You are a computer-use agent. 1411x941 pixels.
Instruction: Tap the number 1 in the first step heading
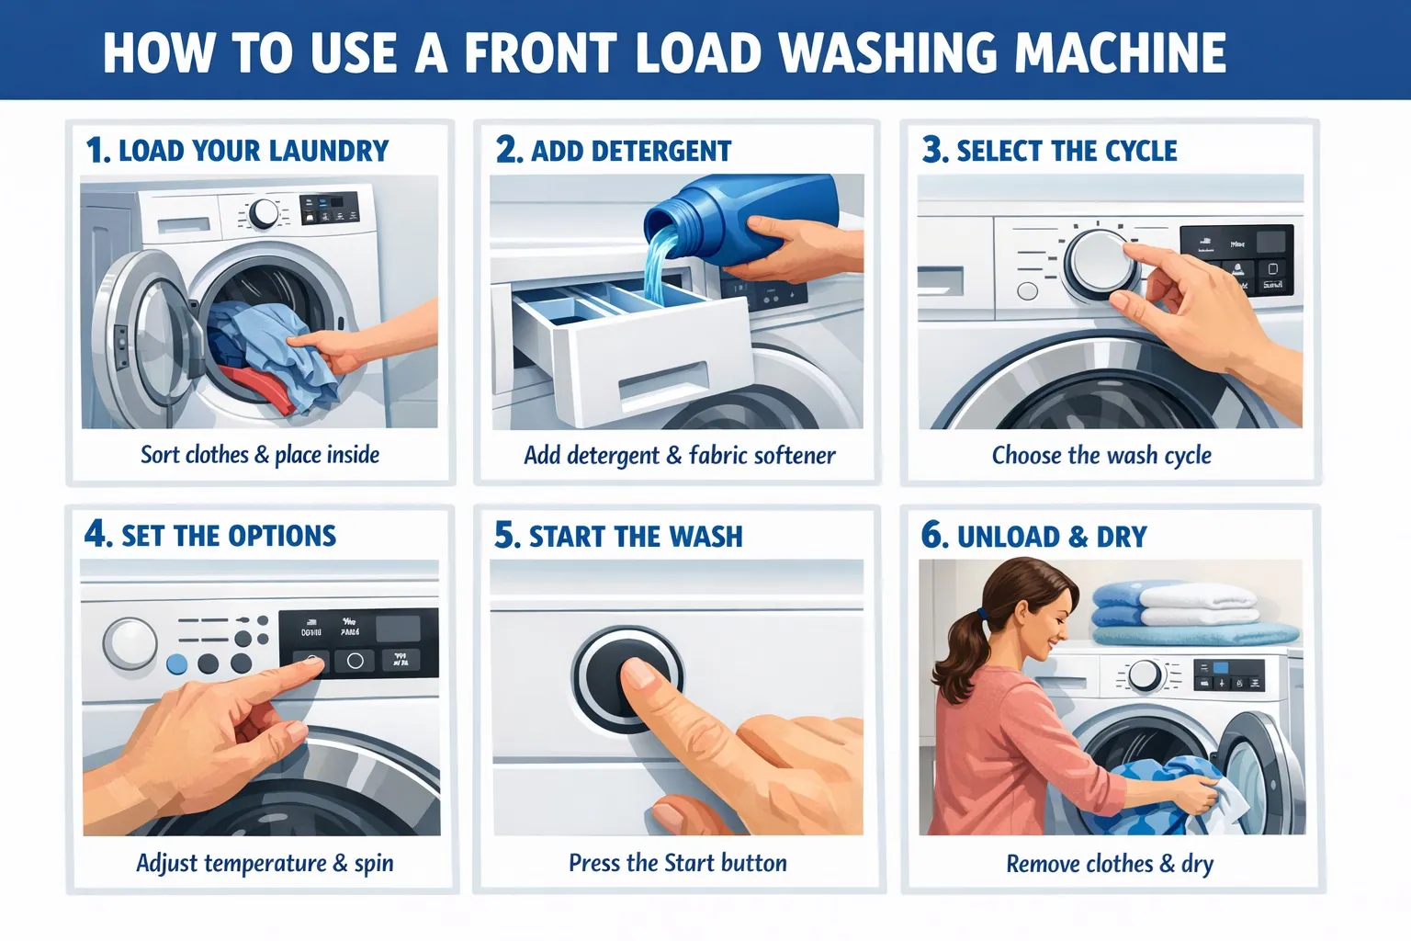(x=96, y=151)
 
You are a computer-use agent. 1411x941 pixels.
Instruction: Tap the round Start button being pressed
(x=627, y=679)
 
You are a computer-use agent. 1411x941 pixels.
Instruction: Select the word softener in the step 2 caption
(x=794, y=456)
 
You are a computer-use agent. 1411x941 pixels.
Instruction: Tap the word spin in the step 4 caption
(x=373, y=864)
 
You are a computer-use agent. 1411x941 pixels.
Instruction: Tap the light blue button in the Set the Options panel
(x=176, y=664)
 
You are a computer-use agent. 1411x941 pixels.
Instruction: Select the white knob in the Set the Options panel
(x=130, y=641)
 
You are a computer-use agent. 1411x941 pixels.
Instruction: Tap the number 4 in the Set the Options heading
(x=96, y=535)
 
